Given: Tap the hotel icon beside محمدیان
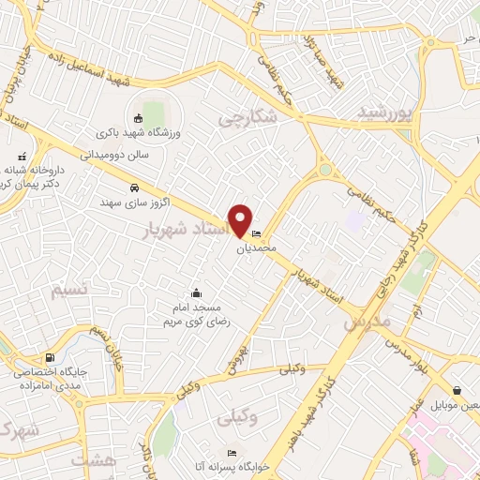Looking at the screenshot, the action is (257, 234).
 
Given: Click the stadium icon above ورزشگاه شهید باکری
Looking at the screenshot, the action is (139, 118).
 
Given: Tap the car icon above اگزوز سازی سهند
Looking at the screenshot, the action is (135, 187).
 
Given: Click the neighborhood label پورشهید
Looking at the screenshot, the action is (384, 112).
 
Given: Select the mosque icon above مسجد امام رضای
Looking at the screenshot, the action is (196, 292).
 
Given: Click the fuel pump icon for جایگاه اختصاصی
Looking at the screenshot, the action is (51, 356).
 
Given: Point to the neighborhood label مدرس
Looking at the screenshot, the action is (365, 320).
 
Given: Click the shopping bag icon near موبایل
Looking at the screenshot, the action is (457, 390).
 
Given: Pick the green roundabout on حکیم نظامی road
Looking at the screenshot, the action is (325, 170).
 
